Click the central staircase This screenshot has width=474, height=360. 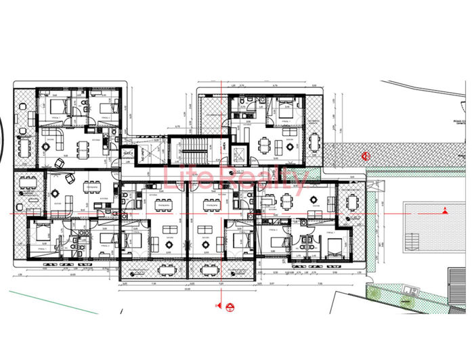[x=194, y=153]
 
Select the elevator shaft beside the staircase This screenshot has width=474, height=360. [x=239, y=154]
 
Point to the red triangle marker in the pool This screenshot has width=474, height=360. [x=445, y=211]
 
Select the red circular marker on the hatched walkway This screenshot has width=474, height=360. [x=367, y=155]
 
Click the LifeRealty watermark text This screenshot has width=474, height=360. [x=237, y=177]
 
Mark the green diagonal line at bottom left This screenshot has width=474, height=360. [x=54, y=302]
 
